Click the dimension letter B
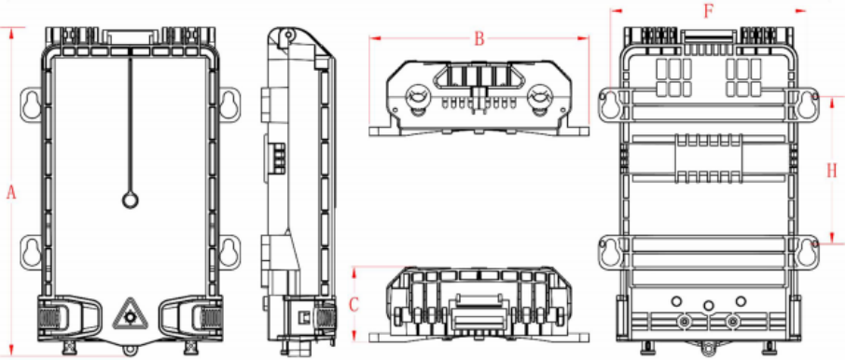pyautogui.click(x=479, y=38)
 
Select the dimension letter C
pyautogui.click(x=354, y=305)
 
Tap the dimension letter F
pyautogui.click(x=708, y=11)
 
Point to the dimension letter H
pyautogui.click(x=832, y=171)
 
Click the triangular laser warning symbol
pyautogui.click(x=129, y=314)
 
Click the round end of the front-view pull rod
pyautogui.click(x=130, y=201)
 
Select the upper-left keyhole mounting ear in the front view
pyautogui.click(x=32, y=104)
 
